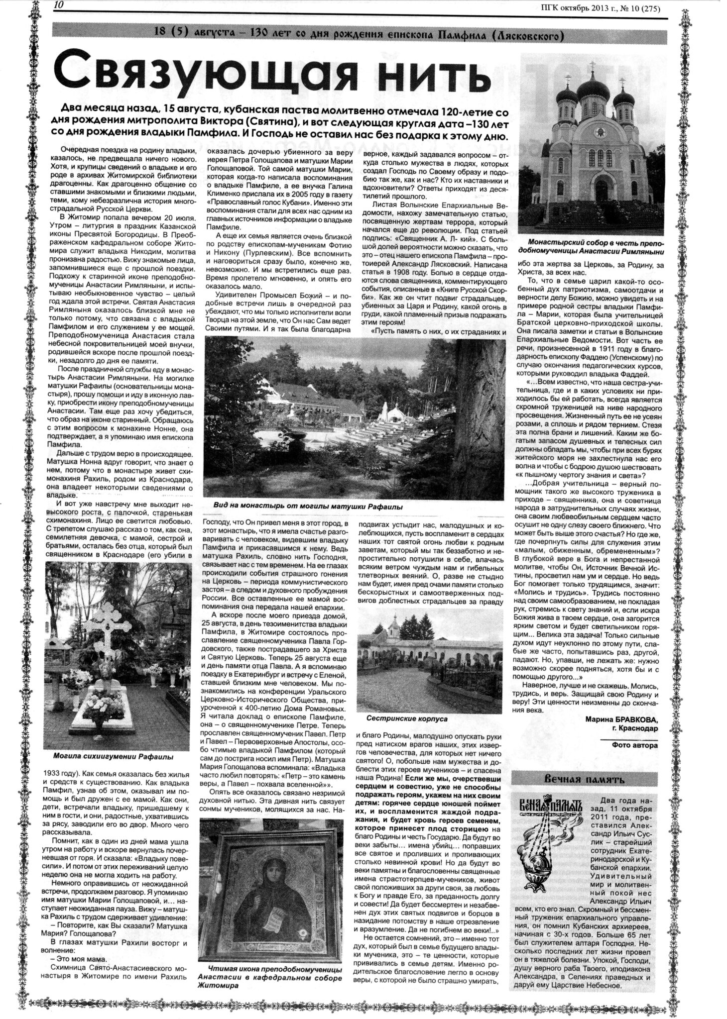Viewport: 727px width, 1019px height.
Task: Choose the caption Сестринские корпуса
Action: [407, 718]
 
